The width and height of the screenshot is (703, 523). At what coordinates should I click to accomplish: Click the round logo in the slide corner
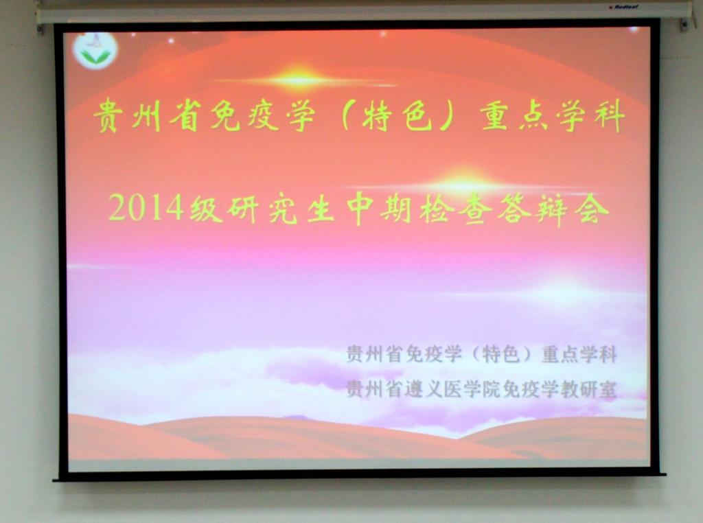point(95,50)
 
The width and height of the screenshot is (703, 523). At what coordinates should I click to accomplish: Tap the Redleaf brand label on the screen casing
point(623,7)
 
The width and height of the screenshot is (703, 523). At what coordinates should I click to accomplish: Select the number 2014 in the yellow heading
point(146,207)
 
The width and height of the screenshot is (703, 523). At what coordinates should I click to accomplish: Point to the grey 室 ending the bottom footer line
point(608,389)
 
